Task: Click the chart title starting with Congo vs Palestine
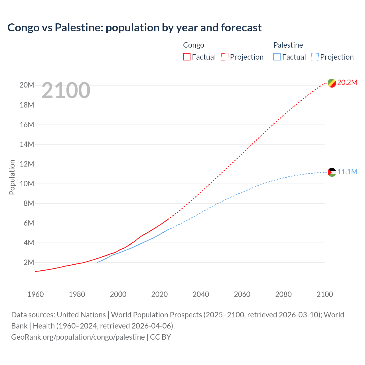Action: click(134, 28)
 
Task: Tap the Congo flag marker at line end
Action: click(332, 83)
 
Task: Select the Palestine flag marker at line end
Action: click(332, 172)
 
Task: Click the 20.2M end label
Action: click(347, 83)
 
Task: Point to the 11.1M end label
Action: click(347, 172)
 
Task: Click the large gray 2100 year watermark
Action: click(66, 90)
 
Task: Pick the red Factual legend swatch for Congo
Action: click(186, 57)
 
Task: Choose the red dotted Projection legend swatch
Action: click(225, 57)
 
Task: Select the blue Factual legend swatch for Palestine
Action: click(277, 57)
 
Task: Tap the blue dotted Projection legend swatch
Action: click(315, 57)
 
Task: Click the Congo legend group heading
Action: click(194, 45)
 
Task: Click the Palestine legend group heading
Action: click(288, 45)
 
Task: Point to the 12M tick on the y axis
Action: click(27, 164)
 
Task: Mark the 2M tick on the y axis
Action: click(29, 262)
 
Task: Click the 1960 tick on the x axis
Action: click(36, 294)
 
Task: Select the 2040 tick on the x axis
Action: click(201, 294)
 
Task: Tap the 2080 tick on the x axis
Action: click(283, 294)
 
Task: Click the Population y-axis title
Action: click(12, 177)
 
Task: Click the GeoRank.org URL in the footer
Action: click(78, 337)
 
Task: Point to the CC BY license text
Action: click(161, 337)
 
